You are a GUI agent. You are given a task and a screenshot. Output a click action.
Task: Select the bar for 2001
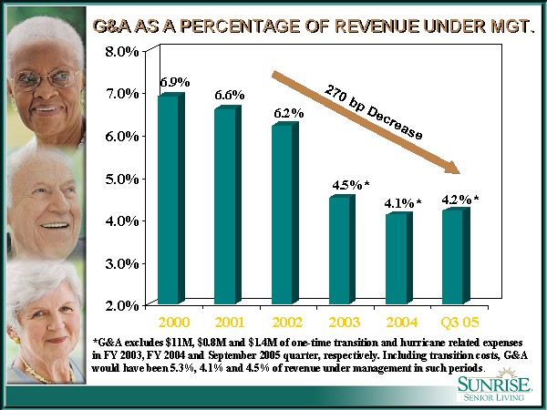point(224,205)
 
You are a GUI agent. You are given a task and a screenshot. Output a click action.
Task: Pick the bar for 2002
point(282,213)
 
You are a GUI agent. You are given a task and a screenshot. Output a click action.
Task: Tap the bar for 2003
point(338,250)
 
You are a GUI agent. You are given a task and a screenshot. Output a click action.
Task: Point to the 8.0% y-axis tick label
point(122,52)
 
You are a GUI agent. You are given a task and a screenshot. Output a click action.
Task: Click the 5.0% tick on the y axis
point(122,179)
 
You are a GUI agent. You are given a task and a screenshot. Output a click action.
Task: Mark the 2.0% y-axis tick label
point(122,305)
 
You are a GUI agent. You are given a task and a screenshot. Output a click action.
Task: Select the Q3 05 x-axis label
point(455,323)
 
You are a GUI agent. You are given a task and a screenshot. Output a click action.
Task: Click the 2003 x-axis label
point(341,323)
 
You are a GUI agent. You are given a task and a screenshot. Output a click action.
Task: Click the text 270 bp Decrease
point(374,113)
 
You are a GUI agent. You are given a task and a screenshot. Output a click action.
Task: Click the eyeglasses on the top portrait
point(46,80)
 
